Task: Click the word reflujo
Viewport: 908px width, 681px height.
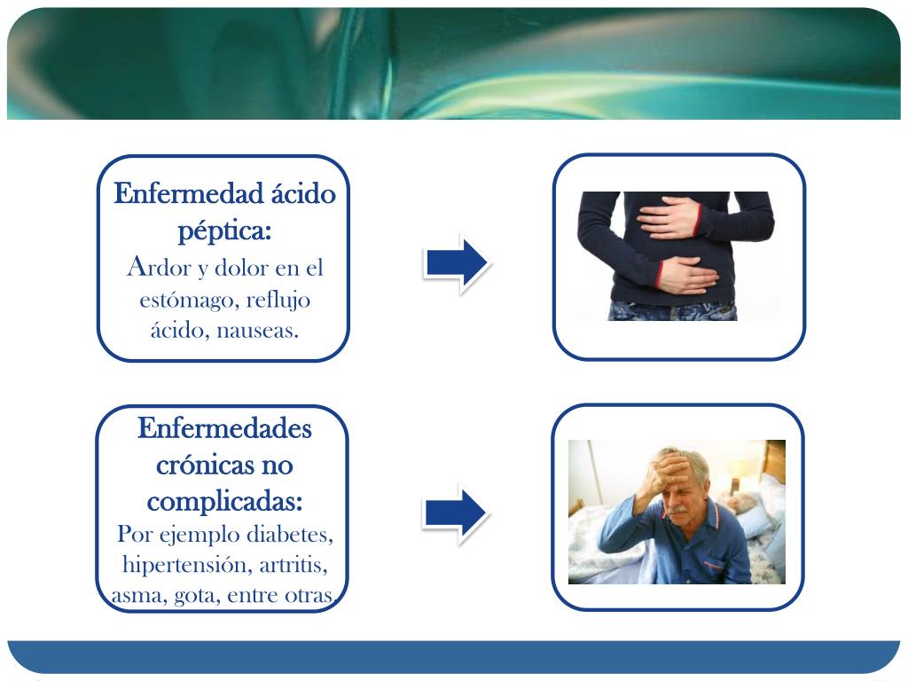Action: pos(278,300)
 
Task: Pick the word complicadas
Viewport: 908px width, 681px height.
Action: pos(223,501)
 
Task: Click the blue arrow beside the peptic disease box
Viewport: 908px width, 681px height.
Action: pos(455,263)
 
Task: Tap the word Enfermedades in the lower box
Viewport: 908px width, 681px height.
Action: pos(224,429)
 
